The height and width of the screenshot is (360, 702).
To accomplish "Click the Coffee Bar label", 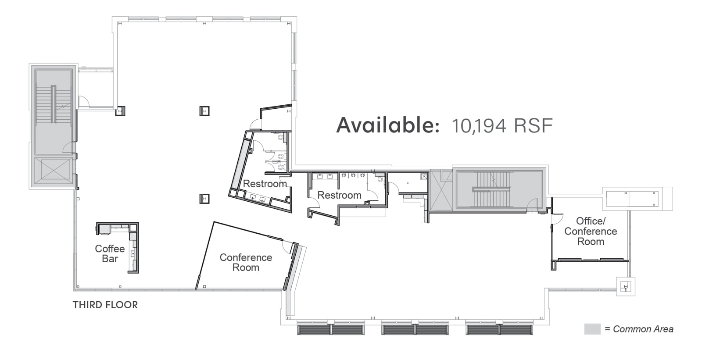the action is (x=110, y=253).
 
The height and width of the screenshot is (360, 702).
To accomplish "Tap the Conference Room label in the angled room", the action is (x=246, y=262).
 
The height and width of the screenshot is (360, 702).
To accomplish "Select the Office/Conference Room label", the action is (x=591, y=231).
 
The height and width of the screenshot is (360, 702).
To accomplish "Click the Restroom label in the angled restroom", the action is (x=265, y=184).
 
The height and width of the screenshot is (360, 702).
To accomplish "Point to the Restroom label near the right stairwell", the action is (x=339, y=195).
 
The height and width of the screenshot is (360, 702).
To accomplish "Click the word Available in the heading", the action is (x=388, y=125).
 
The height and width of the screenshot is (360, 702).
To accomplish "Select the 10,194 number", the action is (x=479, y=126).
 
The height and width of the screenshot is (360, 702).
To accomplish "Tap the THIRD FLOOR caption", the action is (x=105, y=305).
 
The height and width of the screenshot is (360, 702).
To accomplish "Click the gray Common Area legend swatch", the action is (x=592, y=329).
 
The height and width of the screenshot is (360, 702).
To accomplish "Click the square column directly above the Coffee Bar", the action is (x=204, y=199).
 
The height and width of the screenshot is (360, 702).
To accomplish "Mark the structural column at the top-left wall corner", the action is (x=120, y=111).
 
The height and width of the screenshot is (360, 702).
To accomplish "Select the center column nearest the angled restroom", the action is (x=204, y=111).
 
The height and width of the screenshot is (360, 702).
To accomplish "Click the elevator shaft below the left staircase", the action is (x=54, y=172).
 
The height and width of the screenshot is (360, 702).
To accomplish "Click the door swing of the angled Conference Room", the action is (x=288, y=247).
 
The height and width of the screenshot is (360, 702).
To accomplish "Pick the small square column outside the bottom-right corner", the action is (x=626, y=286).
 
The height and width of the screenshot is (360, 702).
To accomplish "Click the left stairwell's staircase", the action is (x=54, y=104).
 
